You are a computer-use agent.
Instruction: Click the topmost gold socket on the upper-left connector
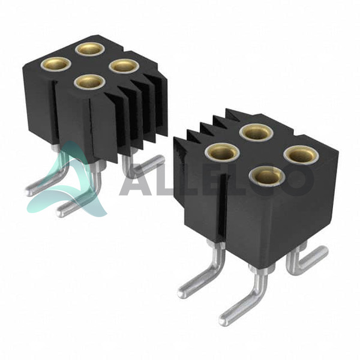pos(90,49)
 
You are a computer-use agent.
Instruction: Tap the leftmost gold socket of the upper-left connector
pos(56,64)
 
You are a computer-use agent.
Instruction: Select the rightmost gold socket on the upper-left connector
pos(124,66)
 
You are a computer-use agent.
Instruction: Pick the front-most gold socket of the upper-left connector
pos(89,82)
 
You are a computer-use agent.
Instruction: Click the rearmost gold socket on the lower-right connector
pos(256,132)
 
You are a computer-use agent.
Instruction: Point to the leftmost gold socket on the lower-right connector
pos(222,152)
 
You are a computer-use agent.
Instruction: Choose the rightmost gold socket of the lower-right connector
pos(301,155)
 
